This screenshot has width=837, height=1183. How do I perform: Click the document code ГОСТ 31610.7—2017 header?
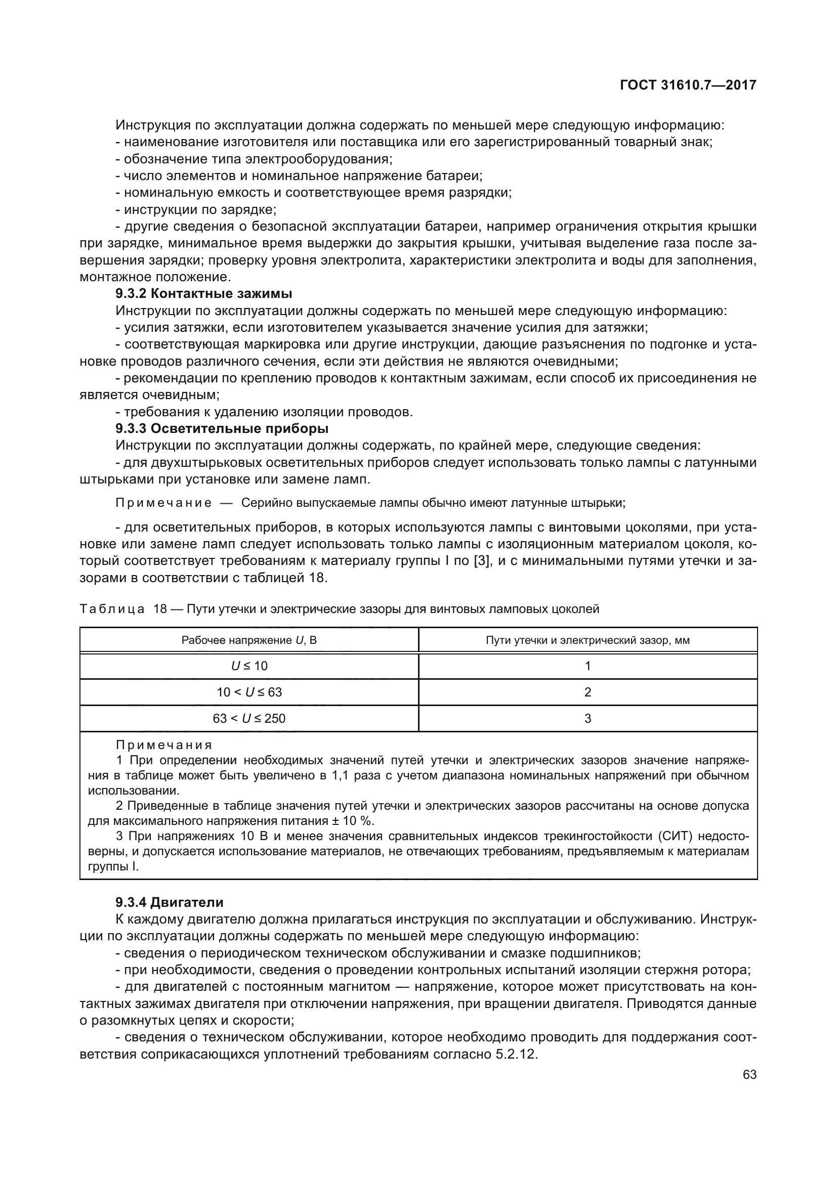pos(688,85)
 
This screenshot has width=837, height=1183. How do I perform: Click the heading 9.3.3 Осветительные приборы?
pos(222,429)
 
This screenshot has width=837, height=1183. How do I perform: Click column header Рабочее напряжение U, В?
pos(249,640)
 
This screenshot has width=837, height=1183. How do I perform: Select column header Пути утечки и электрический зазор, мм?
pos(588,640)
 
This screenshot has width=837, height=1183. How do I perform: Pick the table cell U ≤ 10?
pos(249,666)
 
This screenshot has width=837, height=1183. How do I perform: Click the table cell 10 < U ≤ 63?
pos(249,692)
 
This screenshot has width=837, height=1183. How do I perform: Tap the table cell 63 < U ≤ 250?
pos(249,718)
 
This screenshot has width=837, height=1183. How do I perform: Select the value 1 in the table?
pos(588,666)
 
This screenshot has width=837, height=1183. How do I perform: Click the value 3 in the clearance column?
pos(588,718)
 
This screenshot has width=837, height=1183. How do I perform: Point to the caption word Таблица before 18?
pos(112,609)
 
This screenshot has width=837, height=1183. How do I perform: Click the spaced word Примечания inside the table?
pos(164,745)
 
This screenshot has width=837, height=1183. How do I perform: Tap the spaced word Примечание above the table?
pos(163,503)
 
